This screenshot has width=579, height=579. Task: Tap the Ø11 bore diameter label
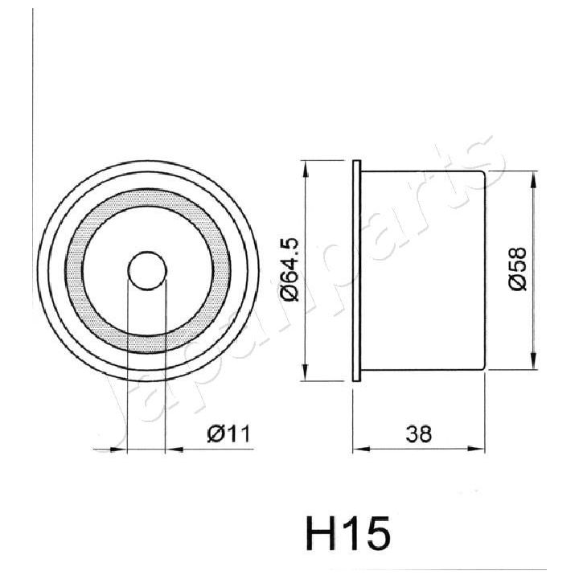click(x=229, y=433)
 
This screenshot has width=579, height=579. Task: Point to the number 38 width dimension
click(x=419, y=433)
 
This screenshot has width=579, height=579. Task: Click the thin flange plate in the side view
click(x=358, y=270)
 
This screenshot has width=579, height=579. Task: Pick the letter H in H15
click(x=321, y=532)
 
